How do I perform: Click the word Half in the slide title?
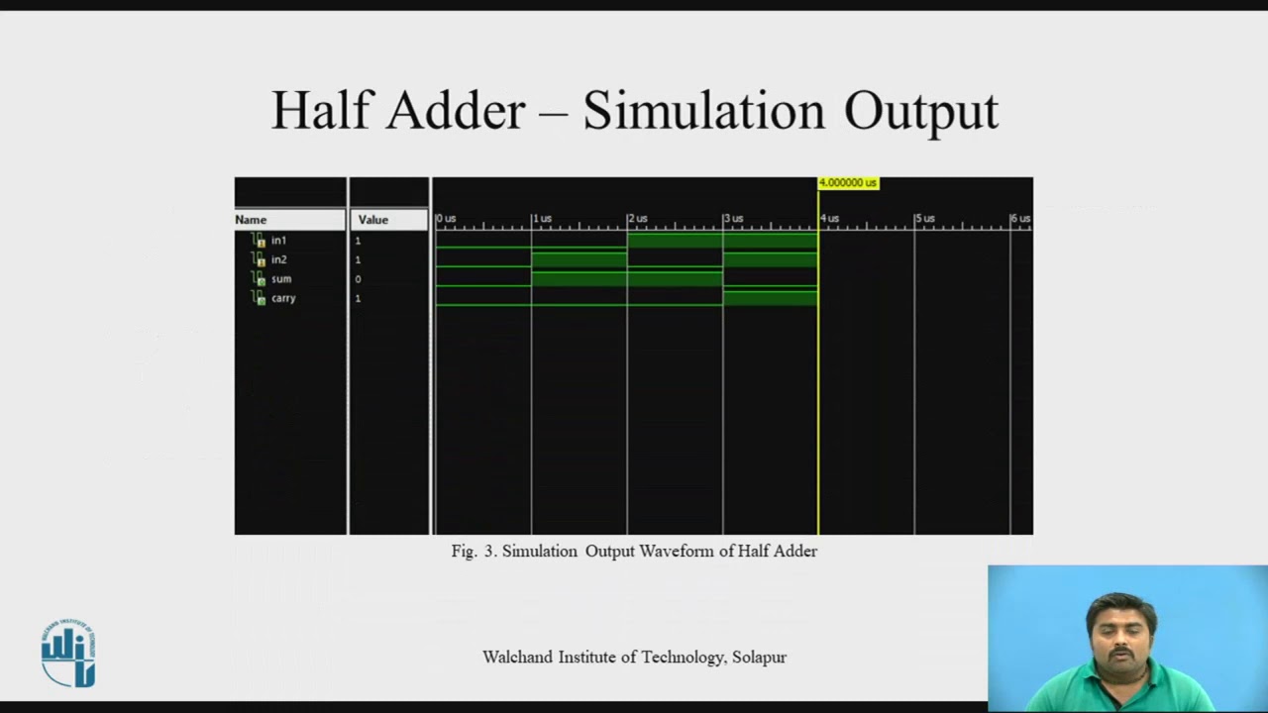pyautogui.click(x=322, y=110)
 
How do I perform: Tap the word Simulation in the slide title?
pyautogui.click(x=703, y=110)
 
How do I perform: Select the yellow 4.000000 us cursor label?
pyautogui.click(x=848, y=183)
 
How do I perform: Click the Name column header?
pyautogui.click(x=252, y=220)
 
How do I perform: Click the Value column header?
pyautogui.click(x=373, y=220)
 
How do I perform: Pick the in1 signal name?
pyautogui.click(x=278, y=241)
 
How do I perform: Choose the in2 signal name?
pyautogui.click(x=278, y=259)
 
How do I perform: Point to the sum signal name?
pyautogui.click(x=281, y=279)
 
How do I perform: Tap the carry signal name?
pyautogui.click(x=283, y=298)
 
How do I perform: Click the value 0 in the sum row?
pyautogui.click(x=358, y=279)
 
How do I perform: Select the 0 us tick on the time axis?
pyautogui.click(x=446, y=218)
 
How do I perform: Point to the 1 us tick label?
pyautogui.click(x=542, y=218)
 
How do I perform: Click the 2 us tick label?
pyautogui.click(x=638, y=218)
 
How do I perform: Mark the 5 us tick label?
pyautogui.click(x=925, y=218)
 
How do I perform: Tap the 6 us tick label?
pyautogui.click(x=1020, y=218)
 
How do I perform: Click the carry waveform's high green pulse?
pyautogui.click(x=770, y=297)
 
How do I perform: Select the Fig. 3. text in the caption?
pyautogui.click(x=475, y=552)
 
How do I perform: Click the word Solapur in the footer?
pyautogui.click(x=759, y=658)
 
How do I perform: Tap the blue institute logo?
pyautogui.click(x=68, y=653)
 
